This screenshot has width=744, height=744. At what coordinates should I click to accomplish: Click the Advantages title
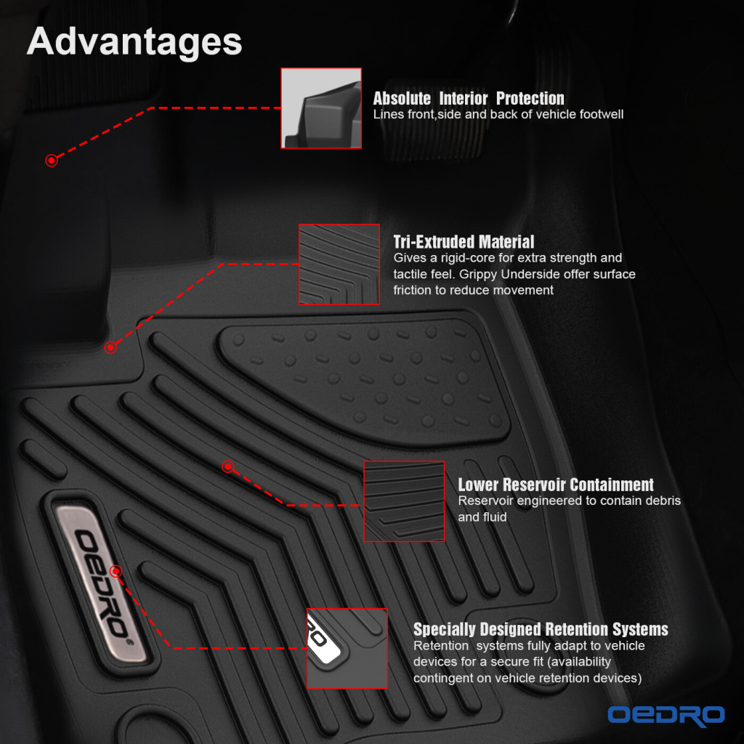[134, 41]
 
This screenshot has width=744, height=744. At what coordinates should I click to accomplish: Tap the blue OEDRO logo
[666, 715]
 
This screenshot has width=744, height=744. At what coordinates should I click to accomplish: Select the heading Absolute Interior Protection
[469, 98]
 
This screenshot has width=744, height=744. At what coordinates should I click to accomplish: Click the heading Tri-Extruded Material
[464, 241]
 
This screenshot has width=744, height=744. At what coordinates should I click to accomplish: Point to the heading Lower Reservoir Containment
[556, 485]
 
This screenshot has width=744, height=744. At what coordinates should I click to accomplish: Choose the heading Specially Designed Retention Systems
[541, 629]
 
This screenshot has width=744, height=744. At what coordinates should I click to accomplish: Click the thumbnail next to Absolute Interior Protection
[321, 108]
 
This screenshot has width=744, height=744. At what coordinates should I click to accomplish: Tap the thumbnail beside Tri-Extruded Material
[339, 264]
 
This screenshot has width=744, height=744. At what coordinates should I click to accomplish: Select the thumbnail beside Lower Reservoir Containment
[404, 501]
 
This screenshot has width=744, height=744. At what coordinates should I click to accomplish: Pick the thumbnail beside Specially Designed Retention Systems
[347, 648]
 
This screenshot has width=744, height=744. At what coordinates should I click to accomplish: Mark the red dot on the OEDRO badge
[116, 571]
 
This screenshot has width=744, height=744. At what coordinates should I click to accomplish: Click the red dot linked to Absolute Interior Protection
[52, 161]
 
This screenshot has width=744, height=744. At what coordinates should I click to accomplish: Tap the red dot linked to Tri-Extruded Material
[110, 348]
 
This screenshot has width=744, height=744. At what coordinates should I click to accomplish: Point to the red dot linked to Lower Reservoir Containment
[227, 467]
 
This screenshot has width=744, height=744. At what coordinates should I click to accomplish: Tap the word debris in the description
[663, 501]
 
